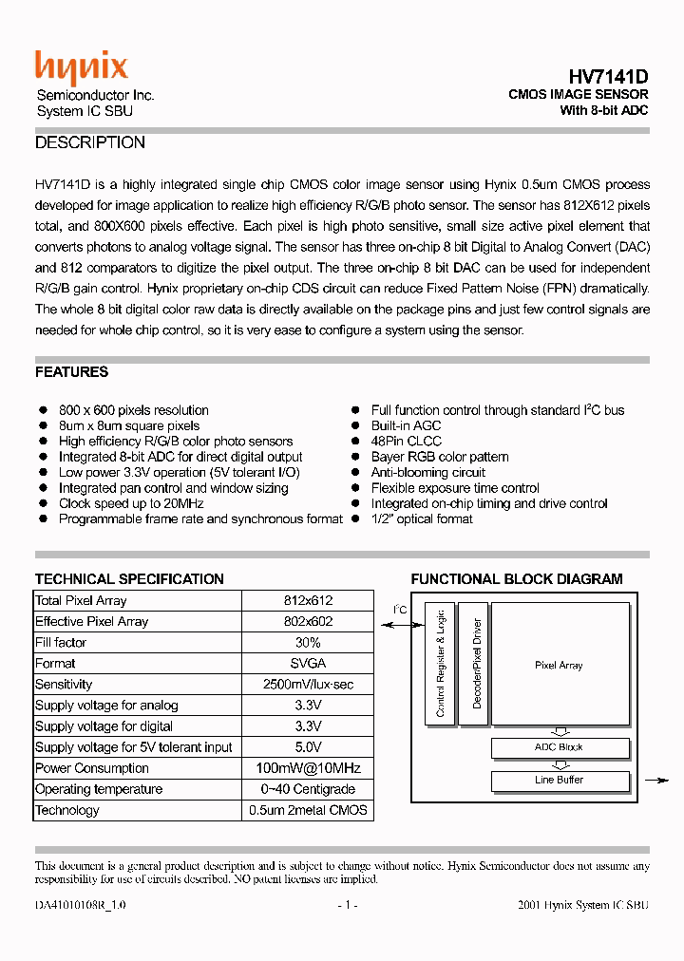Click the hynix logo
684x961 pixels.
(x=81, y=68)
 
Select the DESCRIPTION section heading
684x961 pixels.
(x=90, y=143)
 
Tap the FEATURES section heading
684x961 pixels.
(x=71, y=372)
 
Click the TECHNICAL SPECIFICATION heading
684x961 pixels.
(x=129, y=579)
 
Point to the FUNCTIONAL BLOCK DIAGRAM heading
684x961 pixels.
(x=517, y=579)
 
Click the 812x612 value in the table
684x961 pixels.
(x=308, y=601)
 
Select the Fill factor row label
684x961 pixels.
(x=61, y=643)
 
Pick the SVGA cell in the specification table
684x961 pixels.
(x=308, y=664)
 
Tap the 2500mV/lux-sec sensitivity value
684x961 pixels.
(x=308, y=685)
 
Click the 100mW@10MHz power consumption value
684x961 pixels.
(x=308, y=768)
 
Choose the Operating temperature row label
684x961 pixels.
(x=99, y=789)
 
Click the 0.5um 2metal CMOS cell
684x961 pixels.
(x=308, y=810)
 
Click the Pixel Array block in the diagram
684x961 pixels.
(x=560, y=665)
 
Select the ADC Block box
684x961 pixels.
(x=560, y=747)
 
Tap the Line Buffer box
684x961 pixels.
(x=560, y=781)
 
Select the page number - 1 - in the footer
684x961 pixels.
(x=348, y=906)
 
